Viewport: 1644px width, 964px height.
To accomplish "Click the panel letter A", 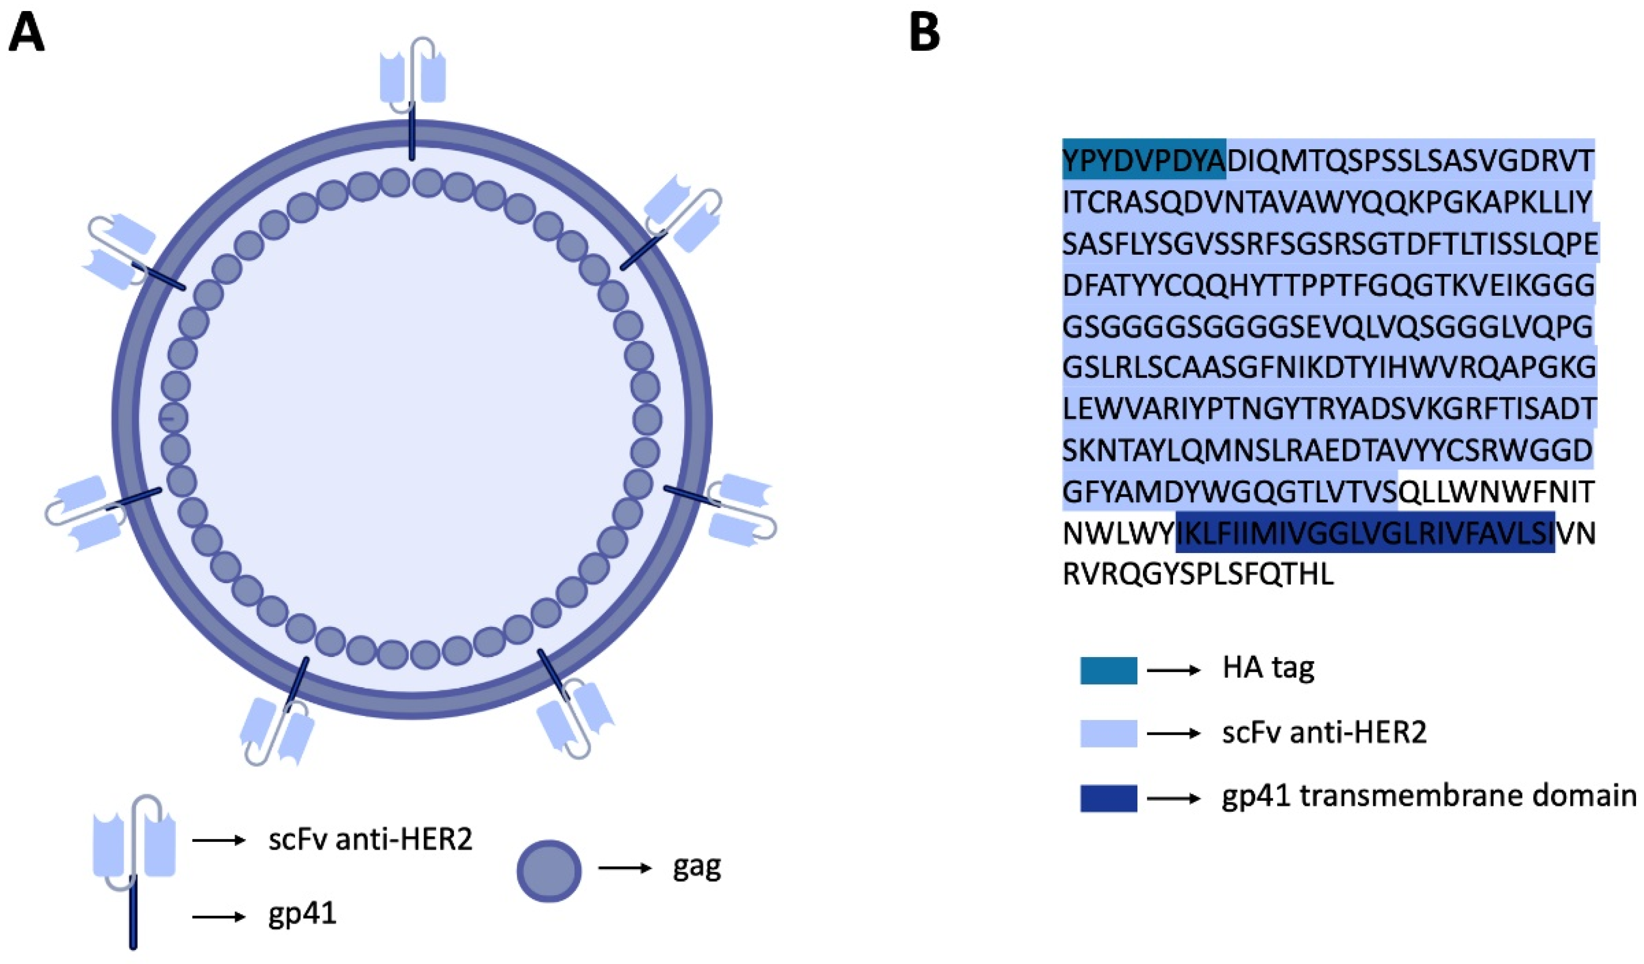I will [26, 34].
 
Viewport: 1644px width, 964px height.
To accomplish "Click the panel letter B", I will [924, 34].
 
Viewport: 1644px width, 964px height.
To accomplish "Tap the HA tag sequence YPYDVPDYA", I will [1143, 160].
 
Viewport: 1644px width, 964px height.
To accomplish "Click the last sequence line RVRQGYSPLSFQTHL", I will [1198, 575].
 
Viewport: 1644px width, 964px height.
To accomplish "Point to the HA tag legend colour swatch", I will [1108, 670].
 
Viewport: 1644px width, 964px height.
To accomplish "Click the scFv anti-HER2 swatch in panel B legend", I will [1108, 733].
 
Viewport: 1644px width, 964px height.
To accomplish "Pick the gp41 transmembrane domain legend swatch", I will [1108, 798].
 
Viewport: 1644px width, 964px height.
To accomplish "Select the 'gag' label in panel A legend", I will [697, 868].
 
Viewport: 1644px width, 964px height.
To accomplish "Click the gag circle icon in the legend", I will [549, 870].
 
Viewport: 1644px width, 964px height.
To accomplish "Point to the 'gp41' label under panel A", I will [302, 914].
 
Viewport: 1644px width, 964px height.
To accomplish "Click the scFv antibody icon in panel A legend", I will [134, 841].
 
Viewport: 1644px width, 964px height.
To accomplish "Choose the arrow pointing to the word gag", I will [624, 868].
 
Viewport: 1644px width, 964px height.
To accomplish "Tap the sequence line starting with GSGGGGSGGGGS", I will [1327, 326].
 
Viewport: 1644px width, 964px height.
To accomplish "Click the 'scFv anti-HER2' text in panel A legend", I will [370, 840].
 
